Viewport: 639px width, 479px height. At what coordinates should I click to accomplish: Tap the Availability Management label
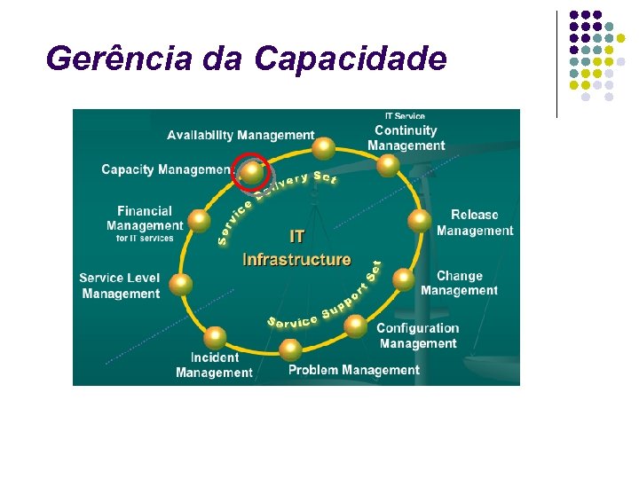point(241,135)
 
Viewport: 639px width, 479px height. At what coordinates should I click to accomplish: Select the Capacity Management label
point(166,169)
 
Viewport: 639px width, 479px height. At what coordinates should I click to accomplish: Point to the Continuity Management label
point(406,137)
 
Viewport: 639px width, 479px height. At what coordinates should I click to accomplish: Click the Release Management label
point(474,223)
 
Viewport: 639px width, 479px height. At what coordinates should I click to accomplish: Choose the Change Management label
point(459,283)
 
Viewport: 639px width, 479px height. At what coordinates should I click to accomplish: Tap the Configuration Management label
point(417,335)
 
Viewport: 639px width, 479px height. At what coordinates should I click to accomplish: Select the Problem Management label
point(353,370)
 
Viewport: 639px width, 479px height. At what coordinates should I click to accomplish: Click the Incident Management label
point(214,365)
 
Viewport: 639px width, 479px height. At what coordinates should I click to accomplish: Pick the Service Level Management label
point(120,286)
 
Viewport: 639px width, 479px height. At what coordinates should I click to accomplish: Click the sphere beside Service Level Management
point(181,284)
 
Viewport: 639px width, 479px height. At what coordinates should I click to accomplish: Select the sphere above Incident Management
point(216,336)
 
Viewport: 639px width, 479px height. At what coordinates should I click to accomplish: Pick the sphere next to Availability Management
point(325,147)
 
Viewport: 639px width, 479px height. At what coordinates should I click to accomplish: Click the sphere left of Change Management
point(404,280)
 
